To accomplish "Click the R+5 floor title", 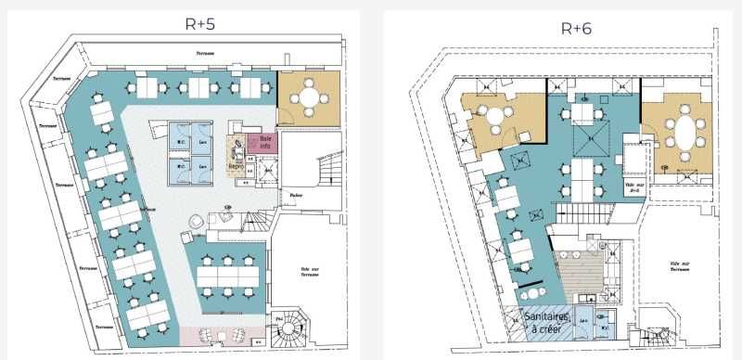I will [x=198, y=25].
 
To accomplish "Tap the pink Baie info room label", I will [x=264, y=144].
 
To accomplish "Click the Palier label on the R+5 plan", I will [x=296, y=196].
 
